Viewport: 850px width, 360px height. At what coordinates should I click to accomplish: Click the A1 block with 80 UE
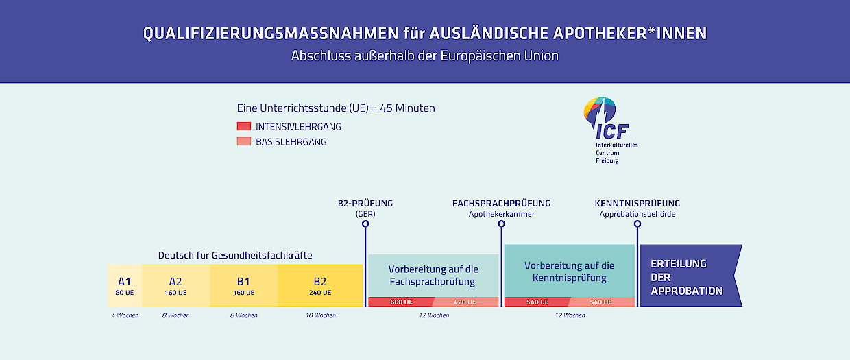click(125, 285)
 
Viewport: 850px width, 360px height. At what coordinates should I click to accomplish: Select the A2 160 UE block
click(175, 285)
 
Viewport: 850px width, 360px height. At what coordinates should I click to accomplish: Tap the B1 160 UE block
click(243, 285)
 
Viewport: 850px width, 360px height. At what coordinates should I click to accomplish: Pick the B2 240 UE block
click(320, 285)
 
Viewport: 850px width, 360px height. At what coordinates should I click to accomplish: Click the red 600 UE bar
click(401, 302)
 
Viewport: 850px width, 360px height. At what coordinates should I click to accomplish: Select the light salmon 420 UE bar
click(465, 302)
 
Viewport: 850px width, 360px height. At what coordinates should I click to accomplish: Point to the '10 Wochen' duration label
click(321, 315)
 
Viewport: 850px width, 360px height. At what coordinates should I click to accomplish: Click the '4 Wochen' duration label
click(125, 315)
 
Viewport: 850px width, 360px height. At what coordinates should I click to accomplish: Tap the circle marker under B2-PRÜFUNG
click(365, 224)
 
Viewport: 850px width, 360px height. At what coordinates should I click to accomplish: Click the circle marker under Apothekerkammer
click(501, 224)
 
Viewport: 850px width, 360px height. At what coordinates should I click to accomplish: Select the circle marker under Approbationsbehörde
click(637, 224)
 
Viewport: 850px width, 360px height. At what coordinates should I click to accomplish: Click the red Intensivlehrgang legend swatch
click(244, 126)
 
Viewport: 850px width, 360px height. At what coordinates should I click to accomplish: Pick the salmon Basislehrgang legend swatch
click(244, 141)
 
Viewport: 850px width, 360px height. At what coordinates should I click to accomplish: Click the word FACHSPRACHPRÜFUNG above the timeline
click(501, 204)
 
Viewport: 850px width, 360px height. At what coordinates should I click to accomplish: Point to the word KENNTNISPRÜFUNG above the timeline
click(637, 204)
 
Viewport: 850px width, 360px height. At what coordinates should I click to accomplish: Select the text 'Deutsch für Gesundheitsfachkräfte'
click(235, 255)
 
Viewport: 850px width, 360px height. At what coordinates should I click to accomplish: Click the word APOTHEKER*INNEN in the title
click(630, 34)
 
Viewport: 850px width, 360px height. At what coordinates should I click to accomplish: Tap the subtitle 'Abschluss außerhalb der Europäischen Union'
click(425, 56)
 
